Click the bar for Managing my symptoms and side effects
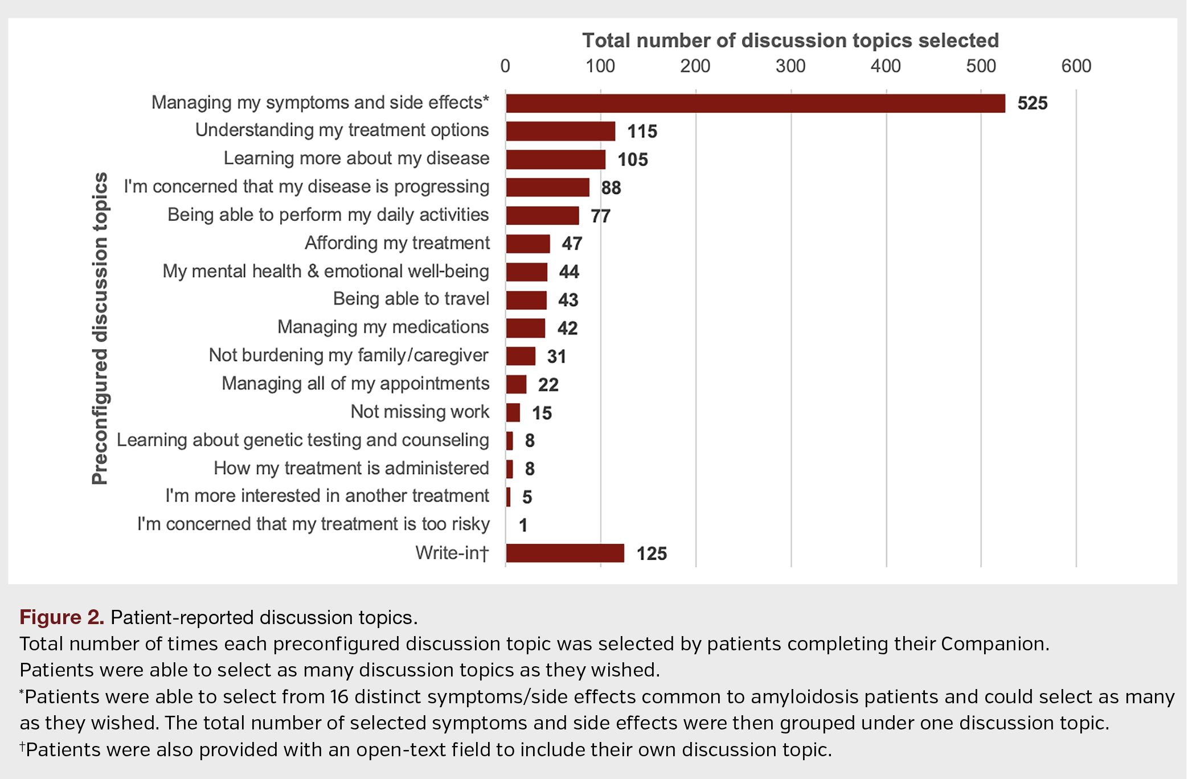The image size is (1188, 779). [755, 103]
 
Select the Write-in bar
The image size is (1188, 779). [565, 553]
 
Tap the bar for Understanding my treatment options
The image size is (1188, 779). [560, 131]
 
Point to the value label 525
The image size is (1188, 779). [1032, 103]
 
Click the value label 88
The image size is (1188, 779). [611, 187]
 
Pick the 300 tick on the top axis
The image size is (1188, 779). [790, 66]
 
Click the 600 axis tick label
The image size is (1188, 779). [1075, 66]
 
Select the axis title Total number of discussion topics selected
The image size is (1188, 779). [790, 40]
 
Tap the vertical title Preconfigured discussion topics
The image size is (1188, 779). [100, 328]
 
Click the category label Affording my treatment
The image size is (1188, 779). [397, 243]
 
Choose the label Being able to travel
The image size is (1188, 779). [411, 299]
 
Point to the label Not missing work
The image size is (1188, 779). [420, 412]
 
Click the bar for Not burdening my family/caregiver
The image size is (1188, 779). [521, 356]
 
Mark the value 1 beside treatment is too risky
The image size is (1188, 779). [523, 525]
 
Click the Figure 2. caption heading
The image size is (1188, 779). [62, 617]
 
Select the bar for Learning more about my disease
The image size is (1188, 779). [555, 159]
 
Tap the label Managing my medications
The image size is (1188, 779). [383, 327]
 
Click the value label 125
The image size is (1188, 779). [651, 553]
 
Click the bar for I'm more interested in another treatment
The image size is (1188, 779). [509, 497]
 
